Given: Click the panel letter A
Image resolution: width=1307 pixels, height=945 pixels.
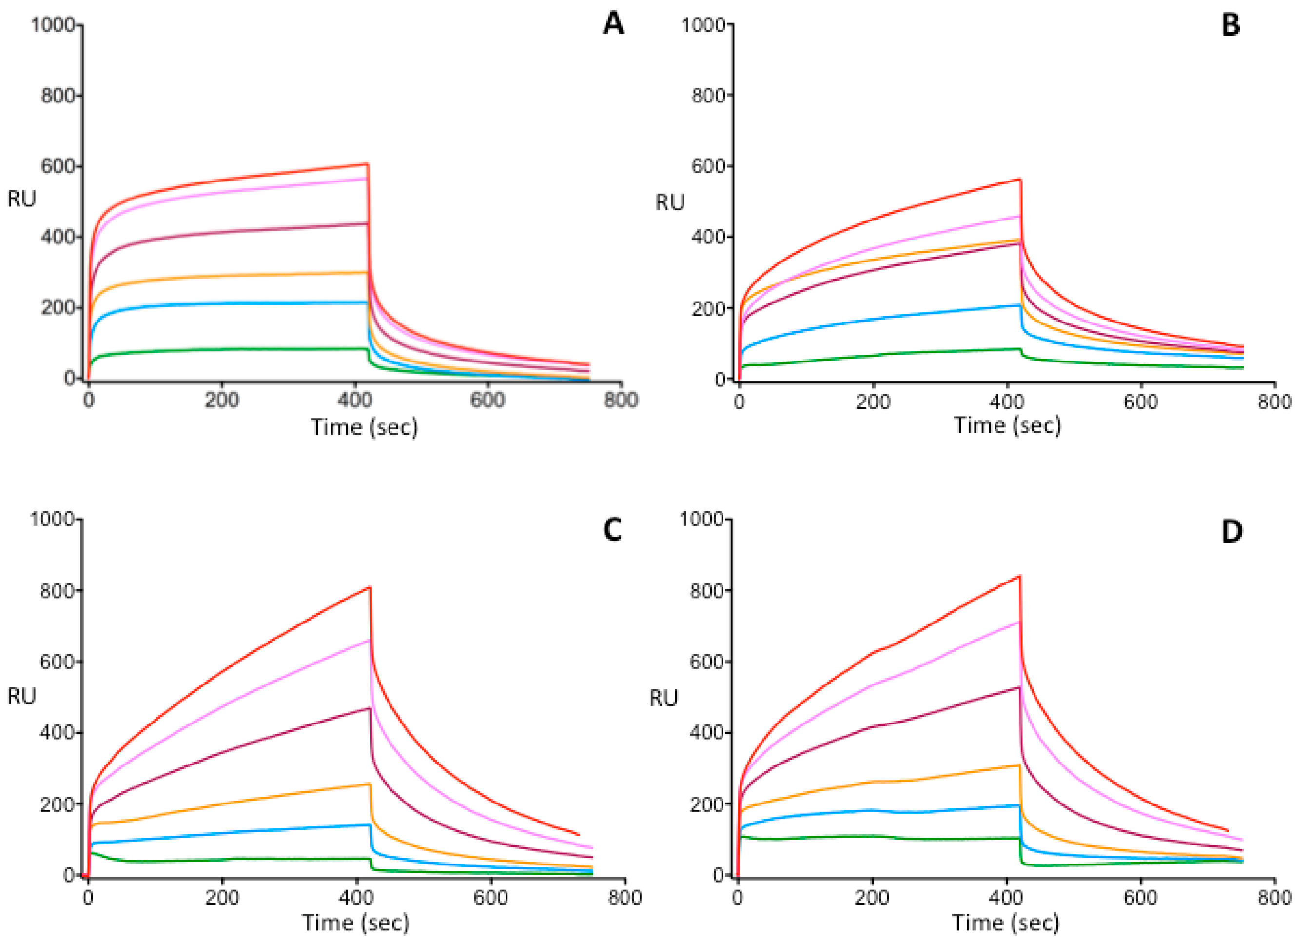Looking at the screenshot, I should tap(613, 24).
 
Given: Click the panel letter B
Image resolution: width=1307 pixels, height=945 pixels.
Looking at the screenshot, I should tap(1230, 25).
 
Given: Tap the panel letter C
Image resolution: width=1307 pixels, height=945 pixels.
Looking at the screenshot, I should tap(612, 530).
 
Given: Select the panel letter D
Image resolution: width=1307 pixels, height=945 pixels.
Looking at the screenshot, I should tap(1231, 531).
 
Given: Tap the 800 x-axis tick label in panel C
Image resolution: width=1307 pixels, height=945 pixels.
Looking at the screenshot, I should tap(624, 897).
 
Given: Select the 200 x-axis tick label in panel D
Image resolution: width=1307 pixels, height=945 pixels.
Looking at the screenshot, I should tap(872, 897).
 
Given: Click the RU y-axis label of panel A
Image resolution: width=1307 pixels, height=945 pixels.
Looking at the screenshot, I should tap(21, 199).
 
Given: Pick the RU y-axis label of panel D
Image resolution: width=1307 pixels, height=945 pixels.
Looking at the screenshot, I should tap(663, 698).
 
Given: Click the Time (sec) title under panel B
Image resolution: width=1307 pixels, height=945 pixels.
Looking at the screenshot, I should tap(1007, 425).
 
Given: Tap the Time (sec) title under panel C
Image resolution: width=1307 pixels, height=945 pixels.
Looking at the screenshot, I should tap(355, 923).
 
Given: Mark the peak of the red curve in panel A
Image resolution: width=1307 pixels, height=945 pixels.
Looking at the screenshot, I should tap(367, 164).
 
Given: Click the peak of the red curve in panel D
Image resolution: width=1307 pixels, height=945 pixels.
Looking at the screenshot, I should tap(1019, 576).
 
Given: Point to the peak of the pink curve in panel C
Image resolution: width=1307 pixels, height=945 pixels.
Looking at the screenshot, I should tap(370, 640).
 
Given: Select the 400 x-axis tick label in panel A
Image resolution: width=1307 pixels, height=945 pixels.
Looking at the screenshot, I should tap(355, 400).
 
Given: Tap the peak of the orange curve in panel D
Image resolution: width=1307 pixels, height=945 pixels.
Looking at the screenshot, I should tap(1019, 765).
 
